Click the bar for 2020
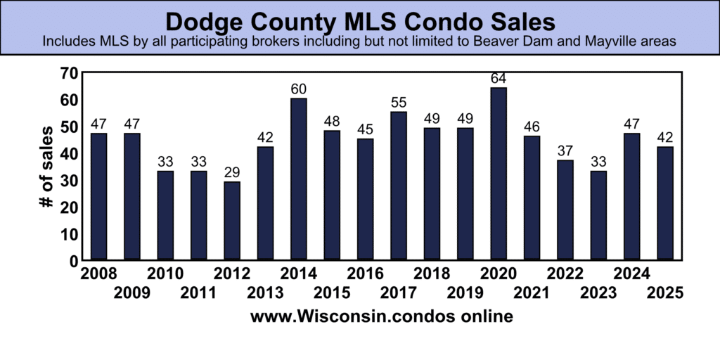coord(498,174)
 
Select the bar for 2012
coord(232,221)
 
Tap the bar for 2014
coord(299,179)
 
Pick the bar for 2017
coord(399,186)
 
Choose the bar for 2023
coord(598,215)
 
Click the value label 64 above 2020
coord(498,78)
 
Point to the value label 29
coord(232,172)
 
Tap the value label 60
coord(299,89)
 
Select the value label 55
coord(399,103)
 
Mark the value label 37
coord(565,151)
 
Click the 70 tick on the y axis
coord(68,73)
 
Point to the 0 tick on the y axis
coord(72,260)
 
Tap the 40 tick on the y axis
coord(68,153)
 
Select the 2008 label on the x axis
coord(99,274)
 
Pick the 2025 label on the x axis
coord(664,292)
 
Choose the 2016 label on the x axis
coord(365,274)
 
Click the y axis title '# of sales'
coord(46,167)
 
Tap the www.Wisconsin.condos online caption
coord(381,316)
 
